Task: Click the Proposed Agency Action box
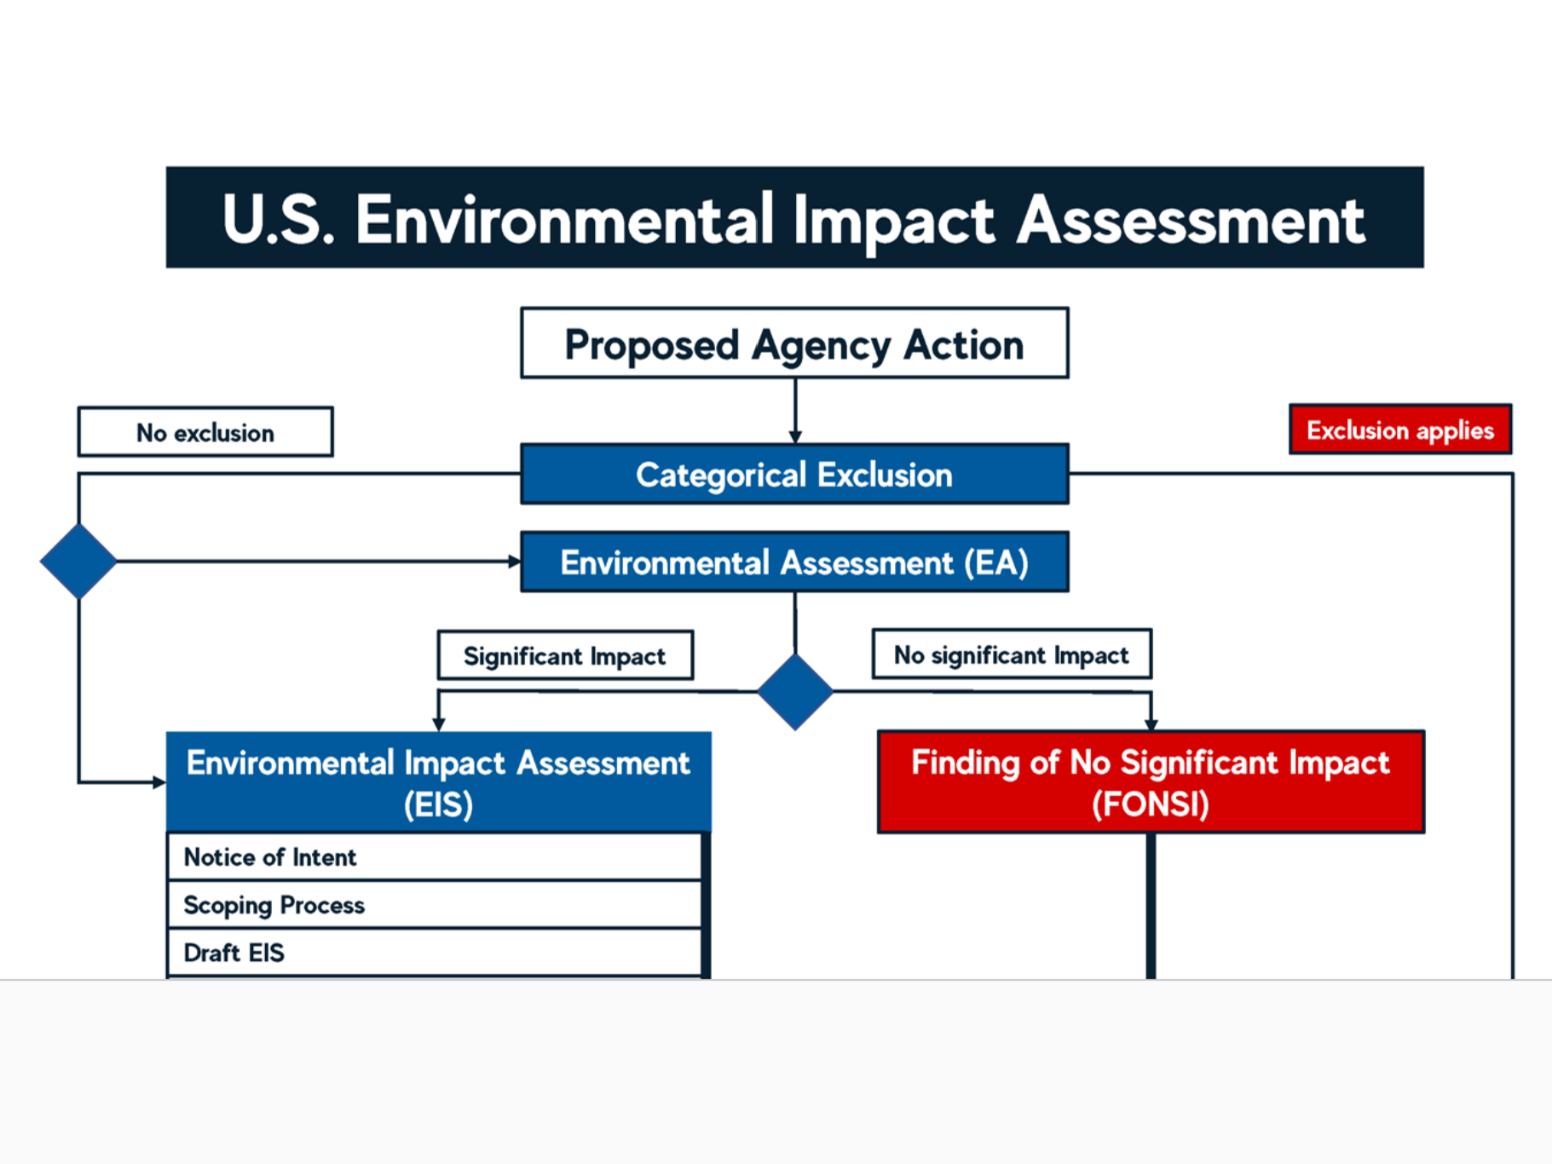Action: [x=794, y=343]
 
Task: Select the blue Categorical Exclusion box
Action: [x=794, y=474]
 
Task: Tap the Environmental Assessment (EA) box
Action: [x=794, y=562]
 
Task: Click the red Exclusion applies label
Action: [x=1400, y=429]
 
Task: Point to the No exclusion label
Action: [x=205, y=432]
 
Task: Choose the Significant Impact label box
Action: [x=565, y=655]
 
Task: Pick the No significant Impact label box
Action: [x=1012, y=654]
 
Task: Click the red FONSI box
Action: [x=1151, y=781]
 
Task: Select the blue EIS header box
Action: [x=439, y=781]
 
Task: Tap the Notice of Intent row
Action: [x=435, y=856]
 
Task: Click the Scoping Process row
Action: [x=435, y=904]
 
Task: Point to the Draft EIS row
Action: [x=435, y=953]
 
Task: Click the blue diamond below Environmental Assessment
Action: [x=794, y=691]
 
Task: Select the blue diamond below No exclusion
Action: [x=78, y=561]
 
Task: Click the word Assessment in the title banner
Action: [x=1191, y=220]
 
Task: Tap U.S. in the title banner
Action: [x=278, y=220]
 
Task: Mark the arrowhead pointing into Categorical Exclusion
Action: [x=795, y=436]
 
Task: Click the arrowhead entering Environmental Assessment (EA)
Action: [x=514, y=562]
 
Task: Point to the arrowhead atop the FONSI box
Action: [x=1151, y=723]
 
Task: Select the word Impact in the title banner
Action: [x=893, y=221]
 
